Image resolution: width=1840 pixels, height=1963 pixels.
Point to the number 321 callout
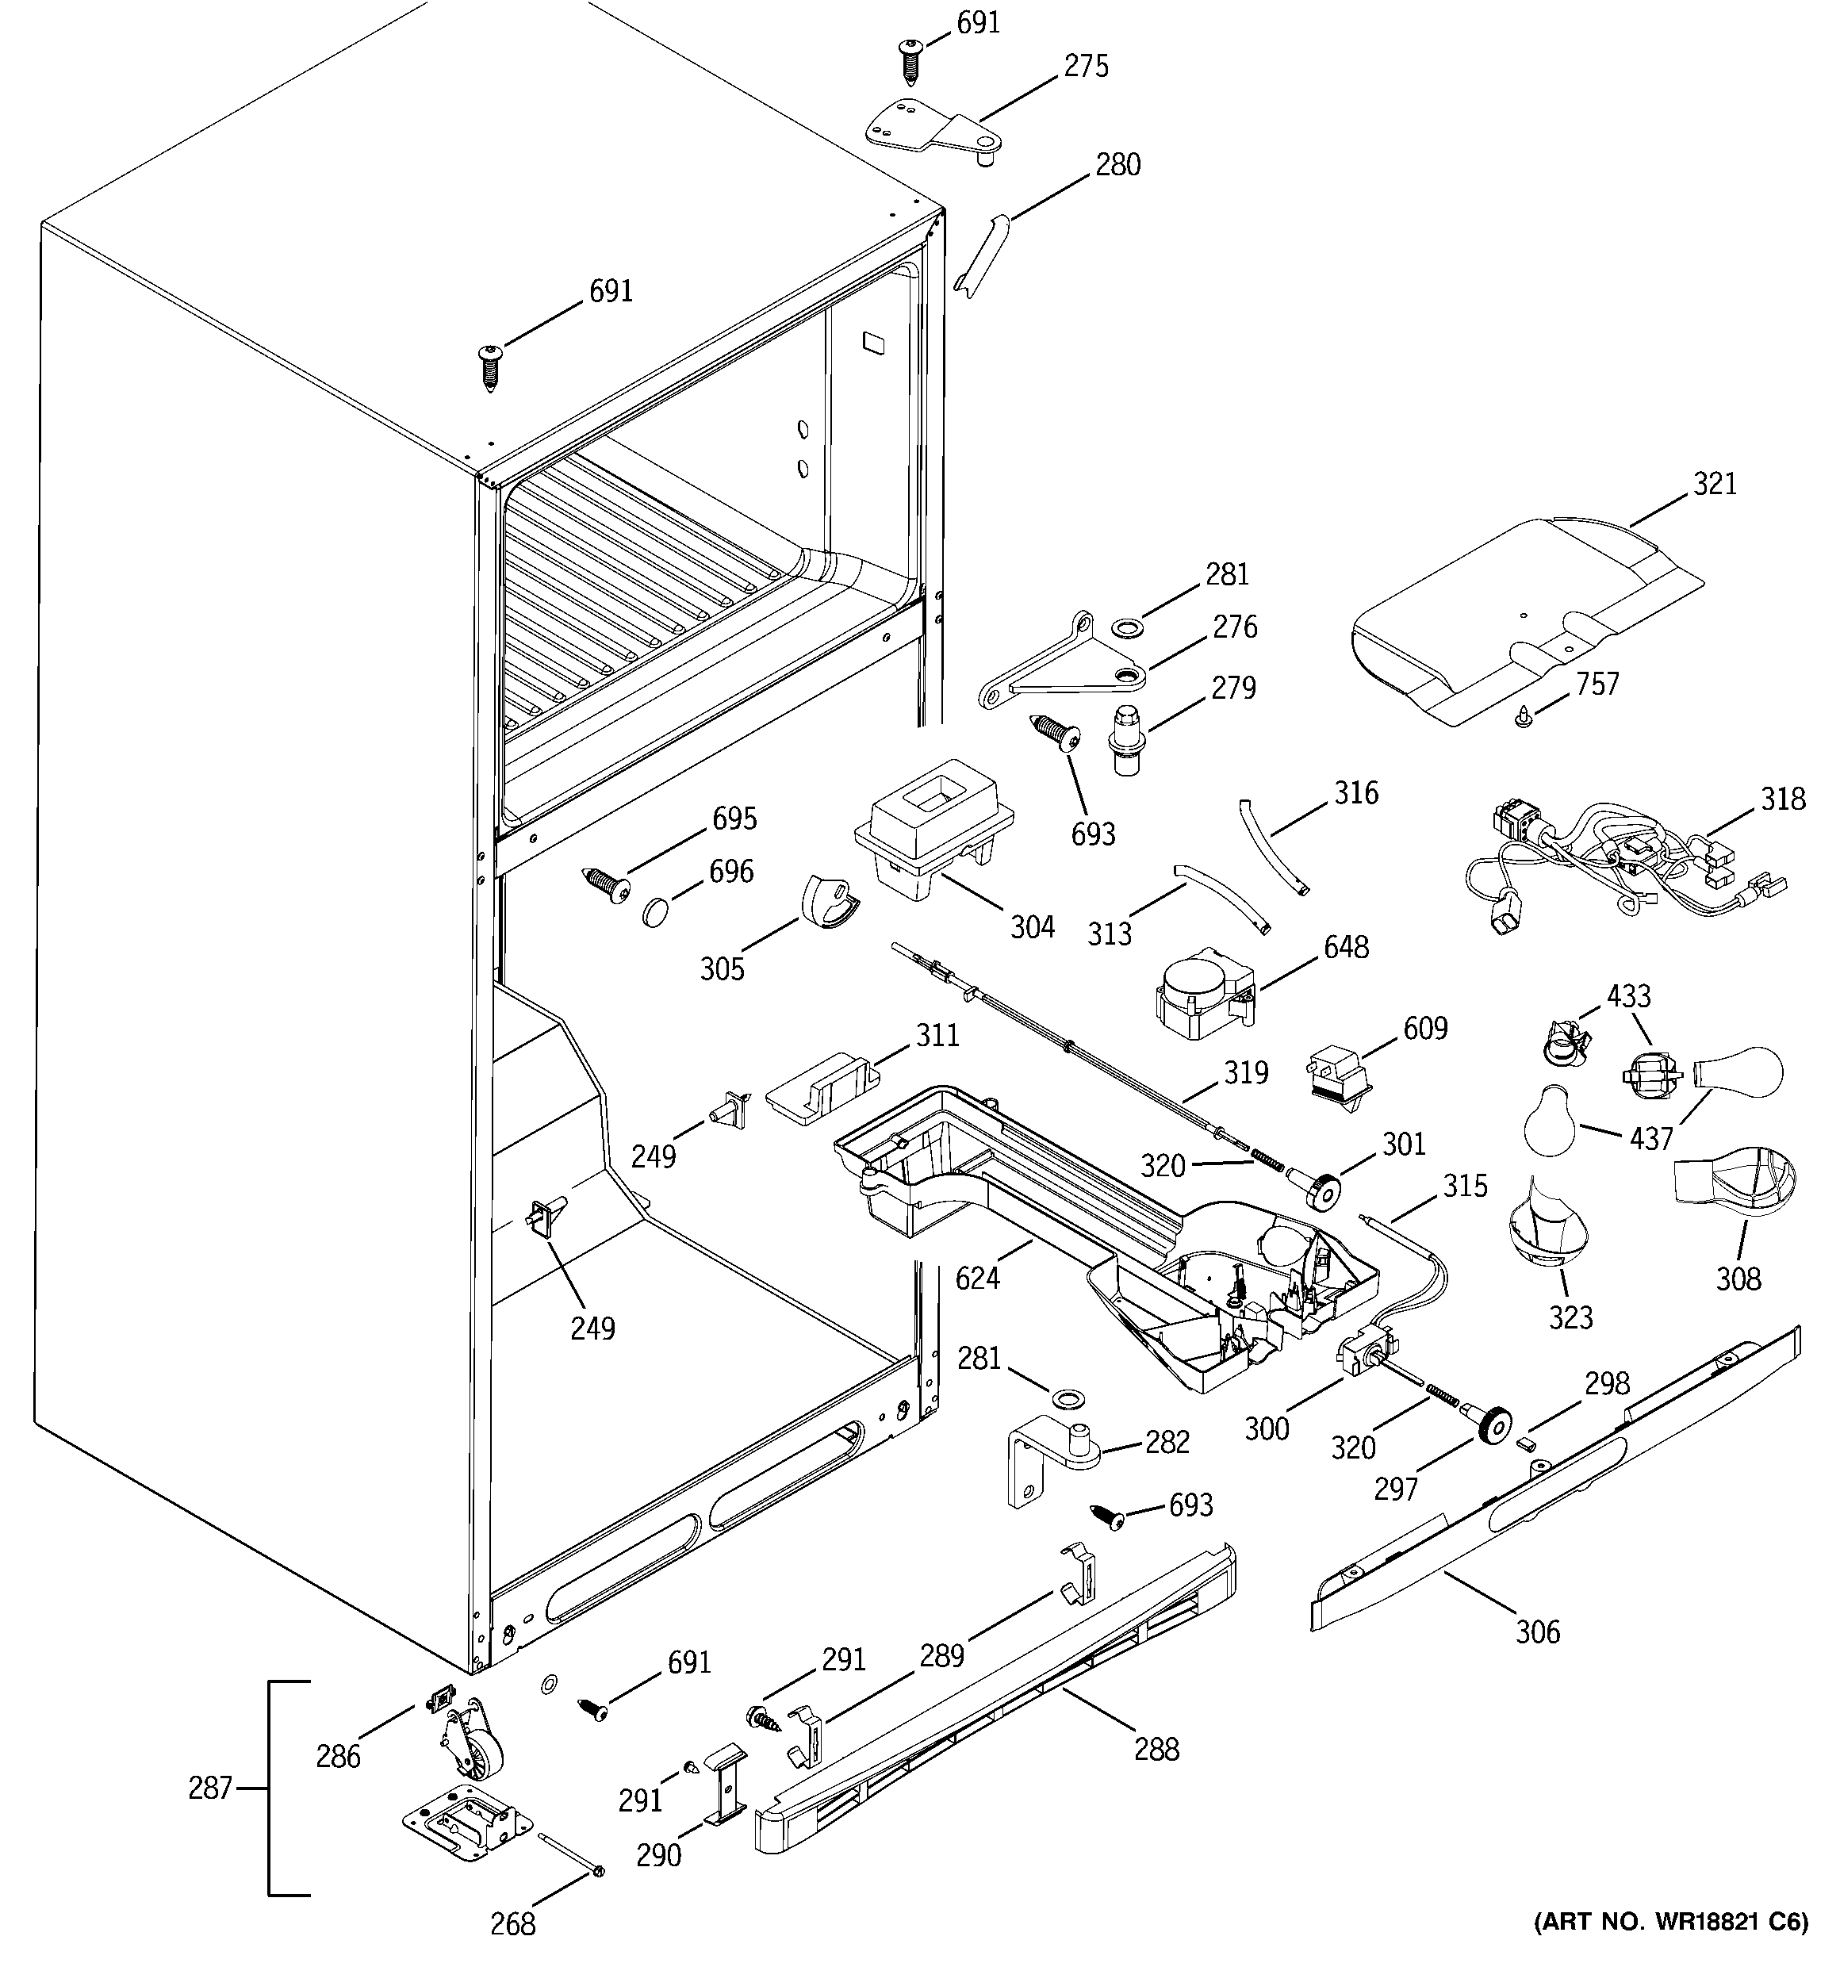pyautogui.click(x=1715, y=484)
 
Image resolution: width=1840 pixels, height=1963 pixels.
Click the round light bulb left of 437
pyautogui.click(x=1551, y=1121)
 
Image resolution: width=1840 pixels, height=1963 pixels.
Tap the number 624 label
pyautogui.click(x=978, y=1278)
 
